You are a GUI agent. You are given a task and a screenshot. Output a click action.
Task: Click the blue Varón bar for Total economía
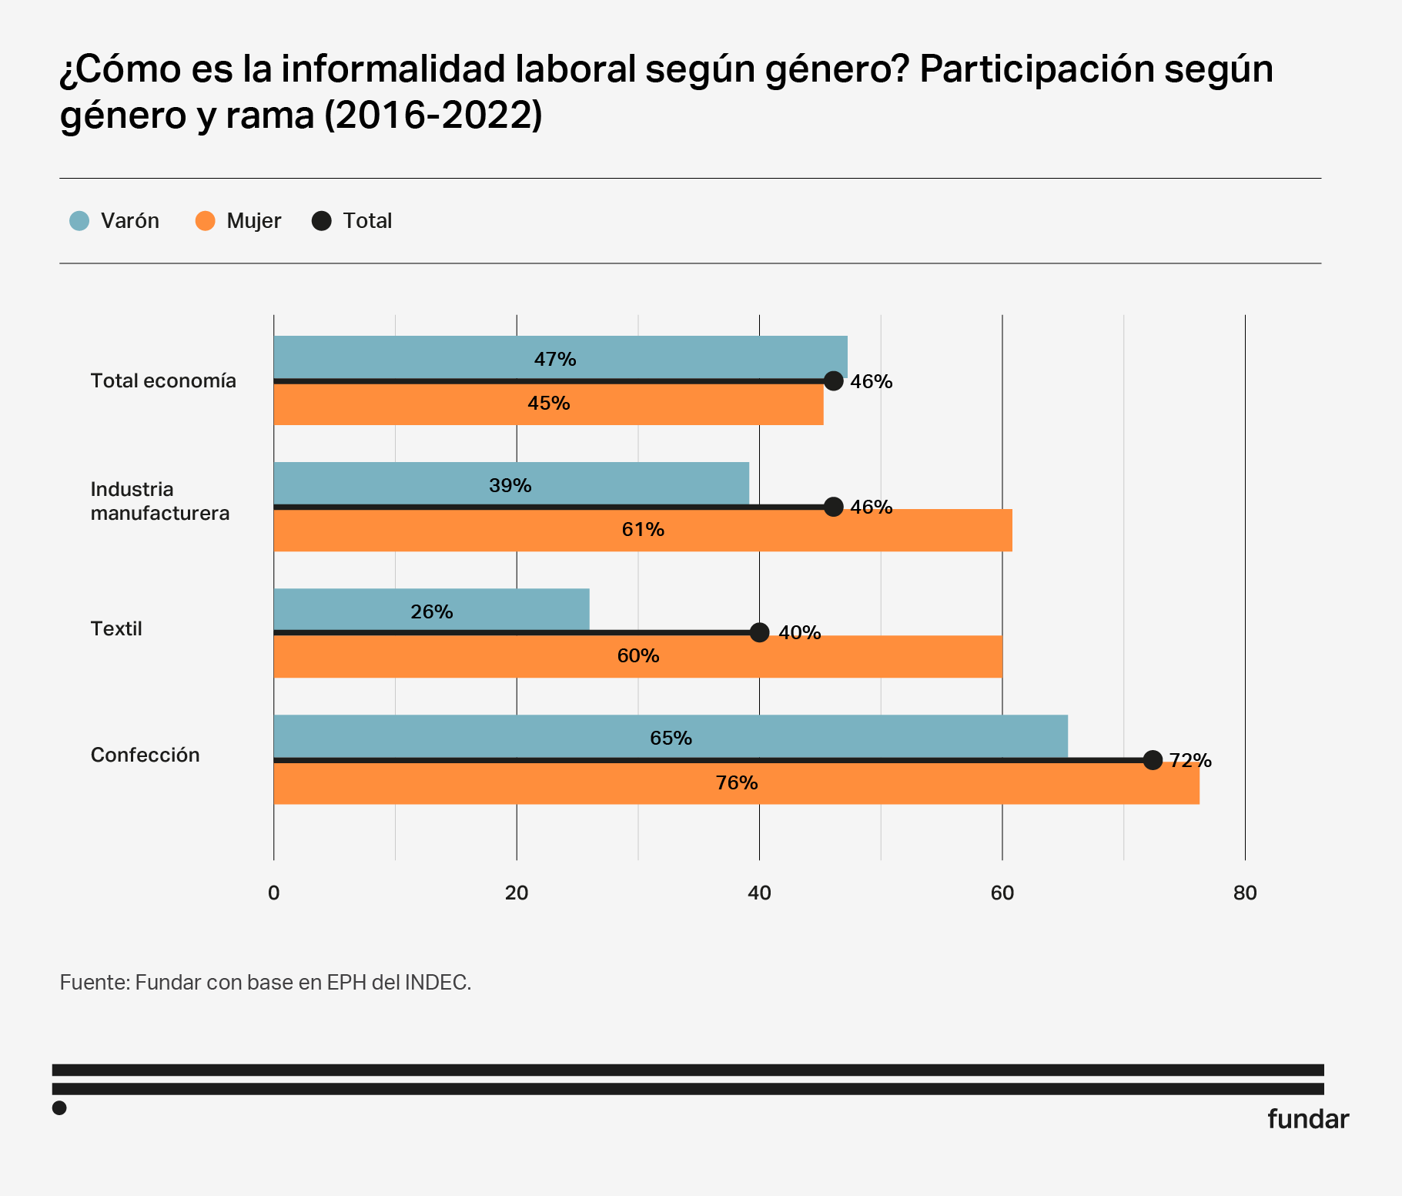tap(560, 357)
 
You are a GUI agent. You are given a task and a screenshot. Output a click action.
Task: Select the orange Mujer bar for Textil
tap(637, 657)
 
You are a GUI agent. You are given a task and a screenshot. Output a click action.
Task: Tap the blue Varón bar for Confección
tap(670, 736)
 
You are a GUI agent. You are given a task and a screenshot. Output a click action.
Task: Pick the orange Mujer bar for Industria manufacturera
tap(642, 531)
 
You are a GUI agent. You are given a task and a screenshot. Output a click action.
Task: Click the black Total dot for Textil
tap(759, 632)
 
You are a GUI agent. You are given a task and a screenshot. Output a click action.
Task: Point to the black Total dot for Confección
tap(1153, 760)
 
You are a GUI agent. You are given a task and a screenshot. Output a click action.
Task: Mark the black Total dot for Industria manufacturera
tap(833, 507)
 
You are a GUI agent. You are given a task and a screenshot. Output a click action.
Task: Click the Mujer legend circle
tap(205, 221)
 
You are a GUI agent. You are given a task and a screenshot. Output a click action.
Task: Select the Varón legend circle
tap(79, 221)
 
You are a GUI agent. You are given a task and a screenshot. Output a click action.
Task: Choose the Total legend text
tap(367, 221)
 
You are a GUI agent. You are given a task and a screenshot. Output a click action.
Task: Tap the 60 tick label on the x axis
tap(1002, 893)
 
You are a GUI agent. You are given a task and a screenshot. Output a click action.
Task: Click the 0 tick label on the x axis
tap(273, 893)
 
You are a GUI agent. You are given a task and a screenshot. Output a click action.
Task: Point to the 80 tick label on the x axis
tap(1244, 893)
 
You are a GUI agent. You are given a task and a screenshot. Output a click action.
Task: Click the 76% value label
tap(737, 783)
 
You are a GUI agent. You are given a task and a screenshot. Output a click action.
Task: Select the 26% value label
tap(432, 612)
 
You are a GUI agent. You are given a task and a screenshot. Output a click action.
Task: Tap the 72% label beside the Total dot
tap(1190, 761)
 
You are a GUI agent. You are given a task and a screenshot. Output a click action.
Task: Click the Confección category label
tap(145, 755)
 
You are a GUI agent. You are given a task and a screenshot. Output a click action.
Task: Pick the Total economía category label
tap(163, 381)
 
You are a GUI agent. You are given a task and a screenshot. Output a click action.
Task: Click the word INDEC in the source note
tap(437, 983)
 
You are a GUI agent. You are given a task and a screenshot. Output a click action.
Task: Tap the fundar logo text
tap(1307, 1119)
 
